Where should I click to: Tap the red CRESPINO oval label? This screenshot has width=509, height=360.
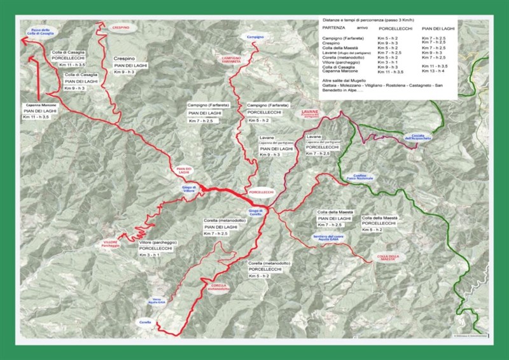(121, 29)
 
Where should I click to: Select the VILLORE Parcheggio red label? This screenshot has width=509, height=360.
(110, 244)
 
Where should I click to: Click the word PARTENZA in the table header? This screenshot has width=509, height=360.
(335, 29)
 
